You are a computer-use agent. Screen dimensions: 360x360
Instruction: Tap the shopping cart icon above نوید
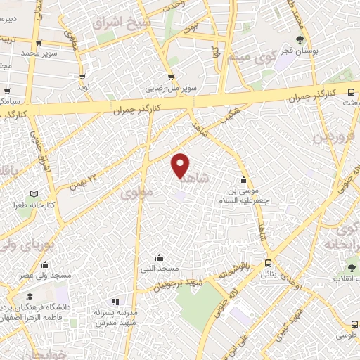tap(83, 77)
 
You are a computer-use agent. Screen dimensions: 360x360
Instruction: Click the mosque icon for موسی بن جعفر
tap(243, 179)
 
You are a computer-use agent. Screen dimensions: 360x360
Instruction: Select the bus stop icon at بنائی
tap(266, 263)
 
